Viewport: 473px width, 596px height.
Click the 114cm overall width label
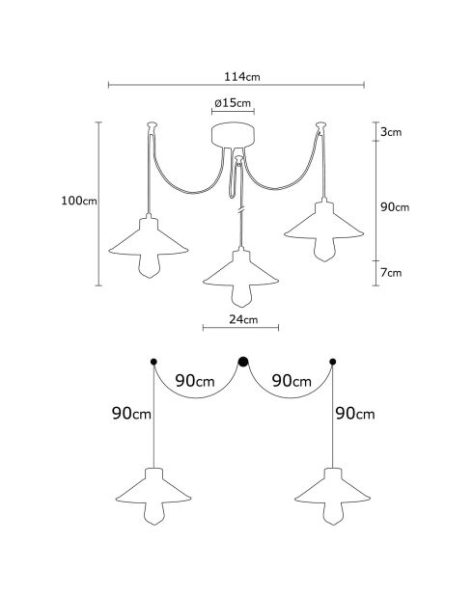pos(241,77)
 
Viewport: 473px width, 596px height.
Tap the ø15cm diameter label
pos(233,103)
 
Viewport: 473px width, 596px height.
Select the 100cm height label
pos(79,201)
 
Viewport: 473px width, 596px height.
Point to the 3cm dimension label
pos(391,132)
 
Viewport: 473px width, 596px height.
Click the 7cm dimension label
pos(391,273)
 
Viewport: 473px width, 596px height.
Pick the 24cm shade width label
pos(243,319)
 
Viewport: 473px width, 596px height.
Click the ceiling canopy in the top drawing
pos(233,135)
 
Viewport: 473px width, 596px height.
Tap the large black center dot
pos(243,362)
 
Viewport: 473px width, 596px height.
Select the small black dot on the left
pos(153,362)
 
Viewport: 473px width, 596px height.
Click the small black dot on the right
pos(333,362)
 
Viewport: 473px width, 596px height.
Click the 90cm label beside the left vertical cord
pos(131,413)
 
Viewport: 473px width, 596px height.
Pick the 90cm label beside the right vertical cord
pos(355,413)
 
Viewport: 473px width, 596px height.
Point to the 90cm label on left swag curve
pos(195,381)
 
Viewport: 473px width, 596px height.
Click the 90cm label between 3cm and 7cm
pos(395,207)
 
